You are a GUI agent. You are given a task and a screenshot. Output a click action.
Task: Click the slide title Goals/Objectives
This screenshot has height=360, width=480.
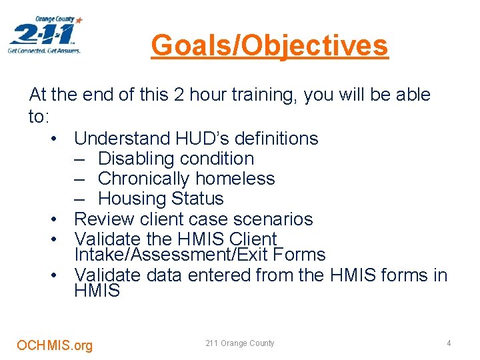[269, 46]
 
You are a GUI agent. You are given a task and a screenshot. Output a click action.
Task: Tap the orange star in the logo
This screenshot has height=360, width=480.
[79, 21]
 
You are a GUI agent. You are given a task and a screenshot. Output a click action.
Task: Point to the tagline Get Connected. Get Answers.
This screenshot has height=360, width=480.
[44, 51]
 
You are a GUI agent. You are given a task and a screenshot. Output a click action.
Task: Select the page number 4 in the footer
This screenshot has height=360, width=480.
[449, 343]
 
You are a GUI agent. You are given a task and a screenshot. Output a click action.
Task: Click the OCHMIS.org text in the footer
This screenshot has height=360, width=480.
[55, 345]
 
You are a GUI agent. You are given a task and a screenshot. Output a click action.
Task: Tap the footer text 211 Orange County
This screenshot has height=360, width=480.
[240, 343]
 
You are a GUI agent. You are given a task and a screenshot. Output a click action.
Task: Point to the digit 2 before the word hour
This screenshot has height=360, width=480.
[177, 95]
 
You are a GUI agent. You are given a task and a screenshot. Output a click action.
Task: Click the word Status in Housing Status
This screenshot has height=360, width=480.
[197, 199]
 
